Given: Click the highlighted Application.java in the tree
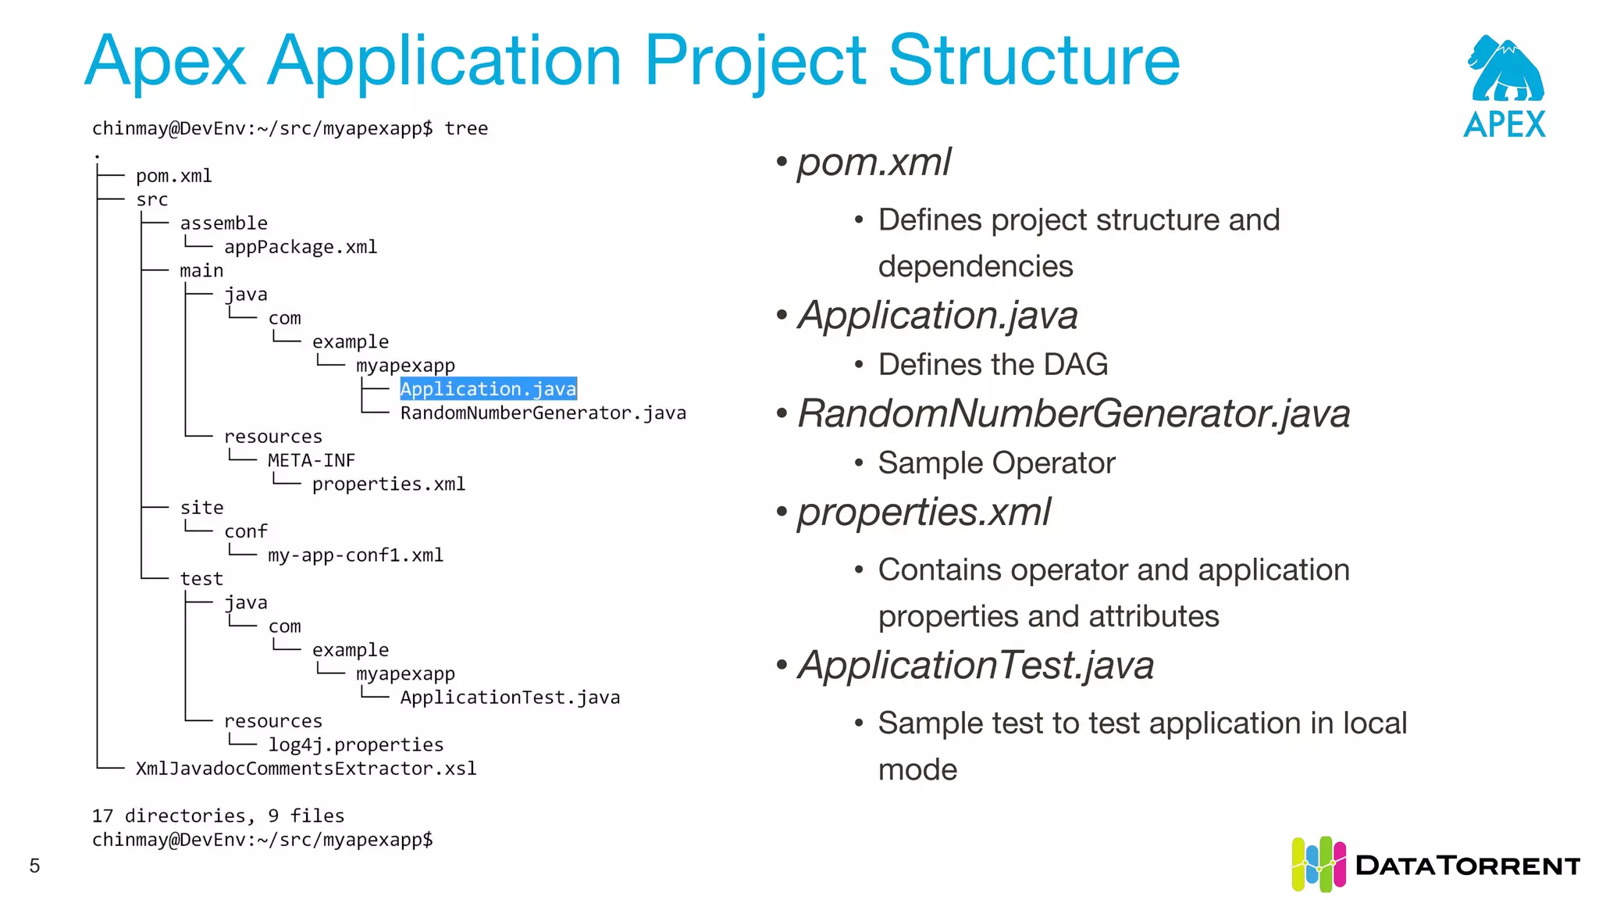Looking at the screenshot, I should (x=488, y=389).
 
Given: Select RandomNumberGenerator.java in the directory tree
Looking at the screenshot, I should (x=543, y=412).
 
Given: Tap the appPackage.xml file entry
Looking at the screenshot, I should (x=301, y=247).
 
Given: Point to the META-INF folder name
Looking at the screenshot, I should (x=311, y=460).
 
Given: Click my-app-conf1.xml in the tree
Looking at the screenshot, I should (x=355, y=555).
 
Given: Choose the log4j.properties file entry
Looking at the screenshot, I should (x=355, y=745).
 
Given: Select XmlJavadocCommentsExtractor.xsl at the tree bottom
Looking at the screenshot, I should (x=306, y=769).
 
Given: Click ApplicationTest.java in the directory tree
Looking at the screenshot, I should (x=510, y=697).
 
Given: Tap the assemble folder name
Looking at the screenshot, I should (x=223, y=223).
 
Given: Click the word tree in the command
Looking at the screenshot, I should (x=466, y=128).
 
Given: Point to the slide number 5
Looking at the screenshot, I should (x=34, y=866).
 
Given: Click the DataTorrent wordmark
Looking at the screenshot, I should (x=1468, y=866).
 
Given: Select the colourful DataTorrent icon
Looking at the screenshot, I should (x=1318, y=864).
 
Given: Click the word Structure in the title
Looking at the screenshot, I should (x=1034, y=61).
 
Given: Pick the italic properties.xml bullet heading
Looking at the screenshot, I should (x=924, y=512).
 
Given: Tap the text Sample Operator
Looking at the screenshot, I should (x=996, y=463).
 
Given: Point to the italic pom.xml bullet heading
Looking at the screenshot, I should (x=874, y=162).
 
